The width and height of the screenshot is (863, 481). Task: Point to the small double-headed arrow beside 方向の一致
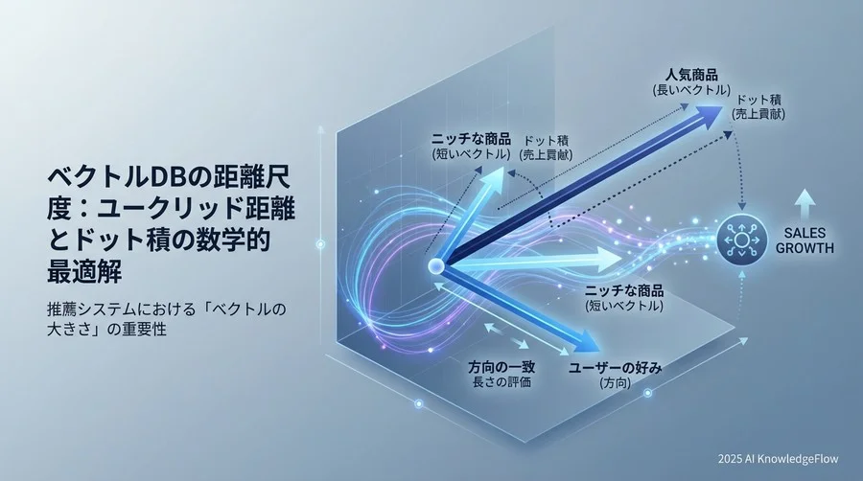click(x=504, y=335)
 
